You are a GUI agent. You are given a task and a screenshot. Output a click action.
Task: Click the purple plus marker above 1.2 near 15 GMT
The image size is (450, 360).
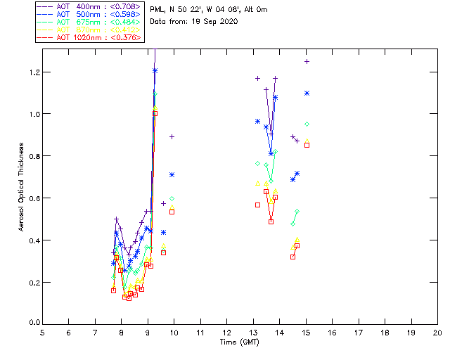pos(307,61)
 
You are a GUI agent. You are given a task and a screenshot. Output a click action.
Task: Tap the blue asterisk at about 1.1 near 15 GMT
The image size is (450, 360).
pos(307,93)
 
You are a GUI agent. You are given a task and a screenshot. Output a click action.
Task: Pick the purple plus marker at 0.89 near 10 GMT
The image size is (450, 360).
pos(172,136)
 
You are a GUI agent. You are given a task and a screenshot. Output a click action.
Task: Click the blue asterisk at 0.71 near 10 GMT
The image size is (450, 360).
pos(172,174)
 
